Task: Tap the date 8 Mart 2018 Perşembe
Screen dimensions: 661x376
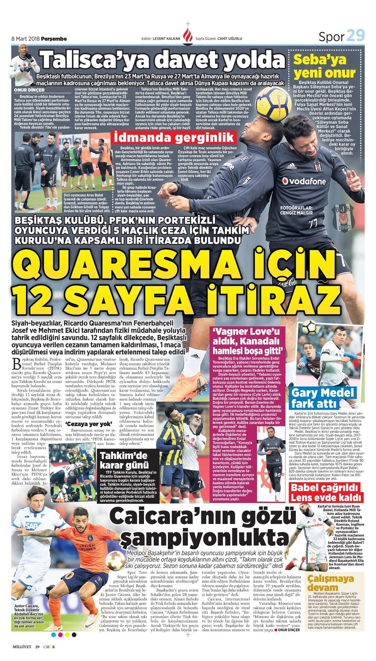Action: (39, 38)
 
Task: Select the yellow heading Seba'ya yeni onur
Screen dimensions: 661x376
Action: (324, 66)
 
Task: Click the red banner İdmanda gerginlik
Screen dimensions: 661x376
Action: (175, 138)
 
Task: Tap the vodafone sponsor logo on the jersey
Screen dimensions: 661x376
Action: (304, 181)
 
